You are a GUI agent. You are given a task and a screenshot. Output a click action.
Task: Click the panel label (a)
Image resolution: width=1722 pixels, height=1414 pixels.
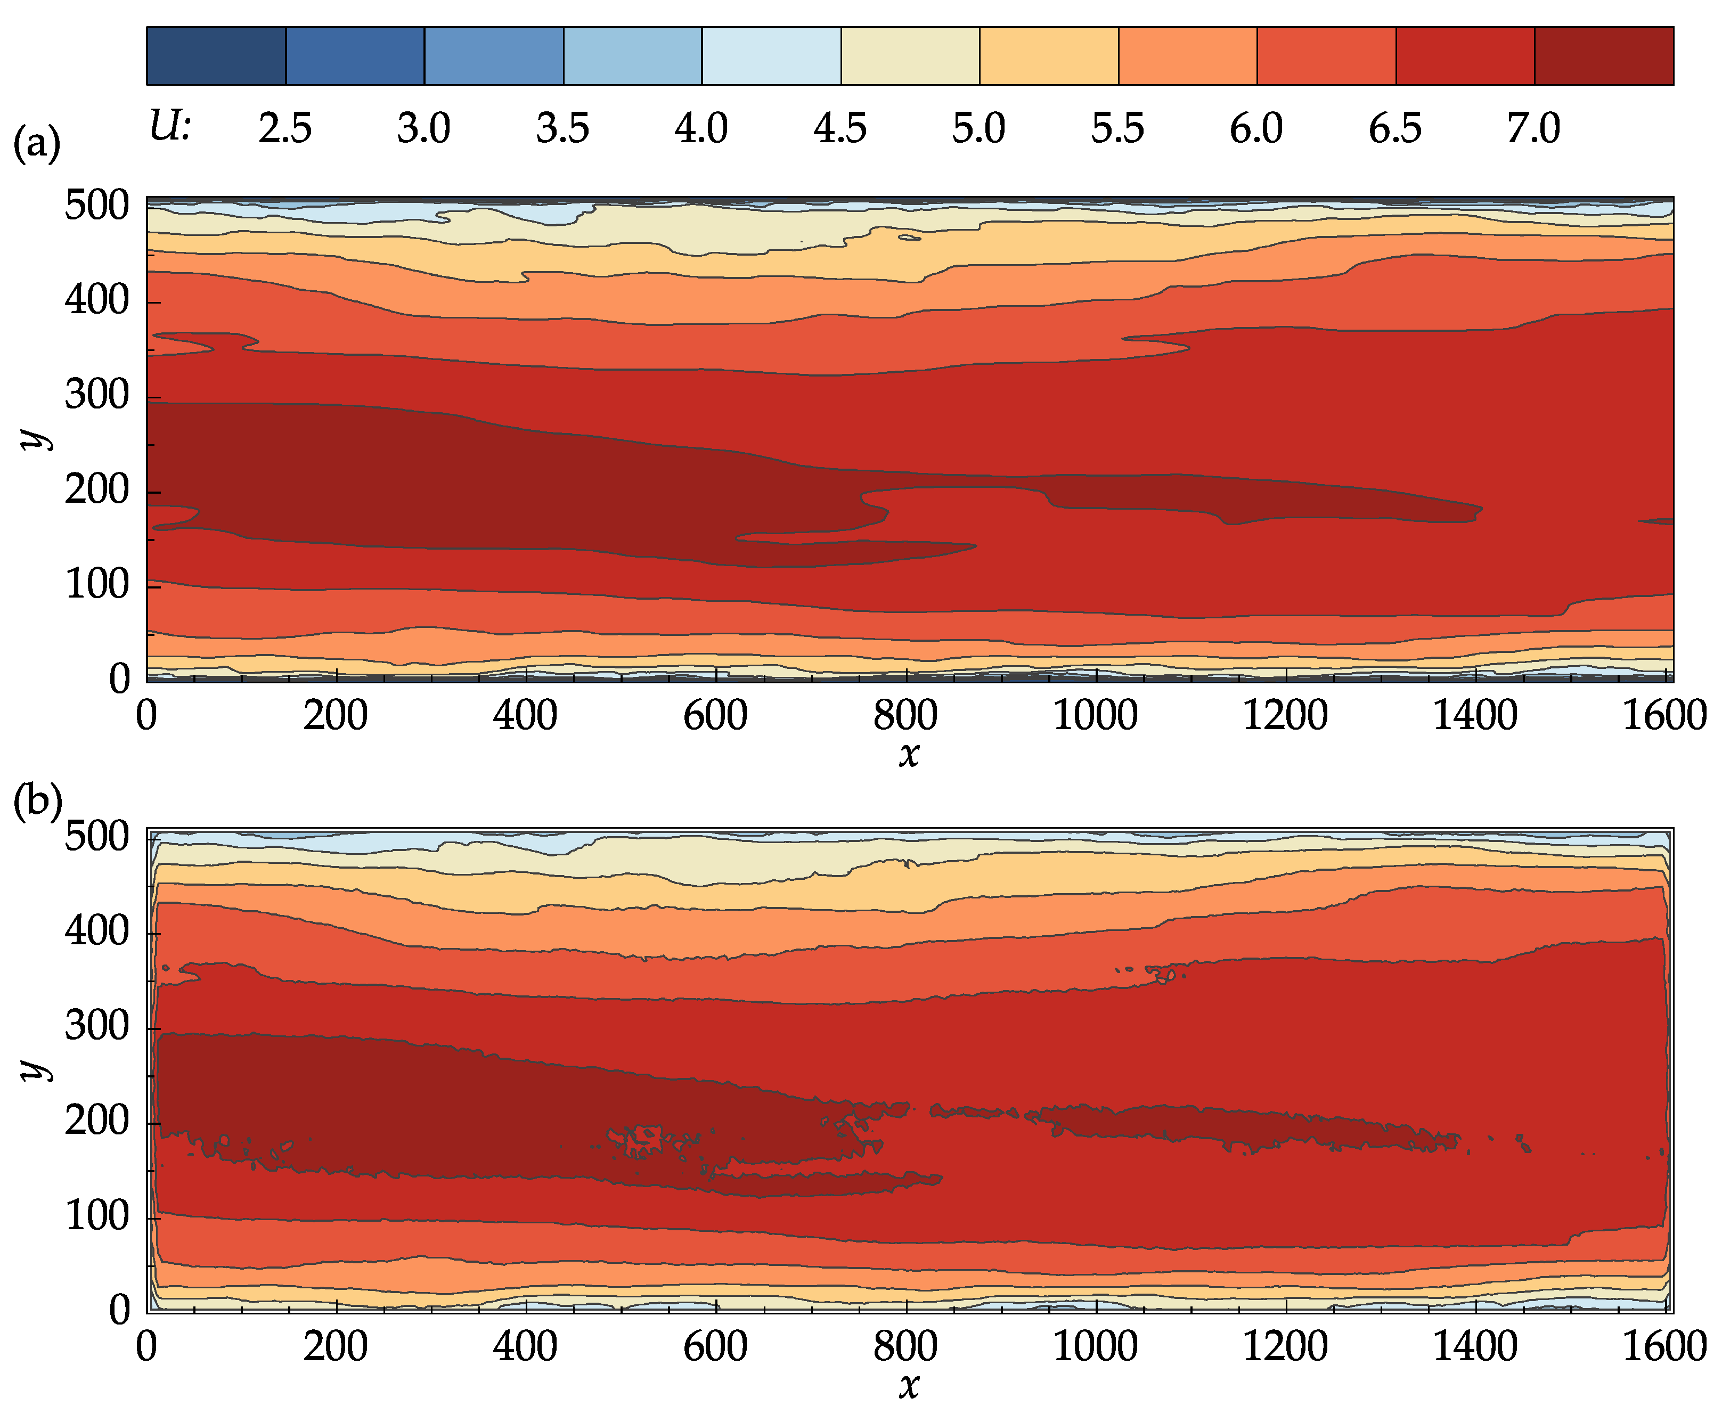37,144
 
